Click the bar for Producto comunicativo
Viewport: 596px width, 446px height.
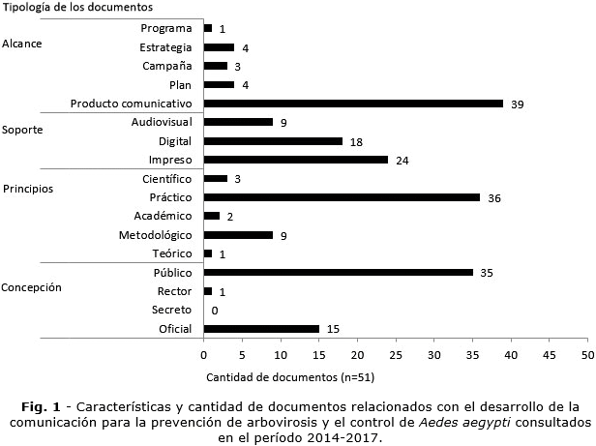353,104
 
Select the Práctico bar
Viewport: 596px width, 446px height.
342,197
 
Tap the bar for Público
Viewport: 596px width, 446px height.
338,273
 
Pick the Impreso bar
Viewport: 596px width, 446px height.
295,160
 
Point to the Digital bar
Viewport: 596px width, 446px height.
273,141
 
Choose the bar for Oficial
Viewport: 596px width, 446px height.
261,329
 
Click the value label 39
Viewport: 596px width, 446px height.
518,104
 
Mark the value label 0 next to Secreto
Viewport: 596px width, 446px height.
214,311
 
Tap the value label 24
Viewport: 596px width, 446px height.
402,160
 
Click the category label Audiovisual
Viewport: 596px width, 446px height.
162,122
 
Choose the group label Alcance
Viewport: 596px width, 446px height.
22,45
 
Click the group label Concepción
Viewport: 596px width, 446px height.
31,287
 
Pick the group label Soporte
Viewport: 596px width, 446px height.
22,130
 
